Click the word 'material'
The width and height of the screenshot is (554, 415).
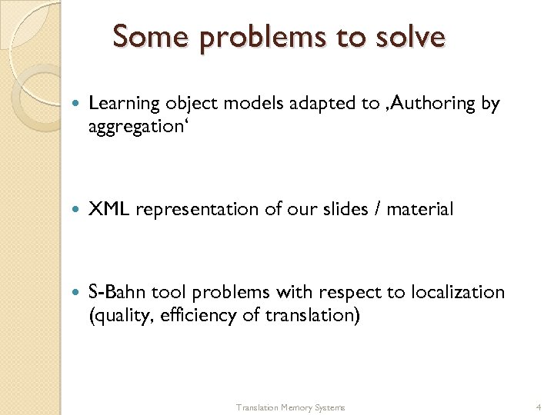tap(420, 209)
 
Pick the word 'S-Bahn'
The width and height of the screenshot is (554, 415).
tap(118, 293)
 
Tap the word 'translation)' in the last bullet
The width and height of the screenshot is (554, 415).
tap(313, 314)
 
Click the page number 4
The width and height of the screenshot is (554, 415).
tap(539, 407)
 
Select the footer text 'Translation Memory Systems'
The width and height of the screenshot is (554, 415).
tap(290, 407)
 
